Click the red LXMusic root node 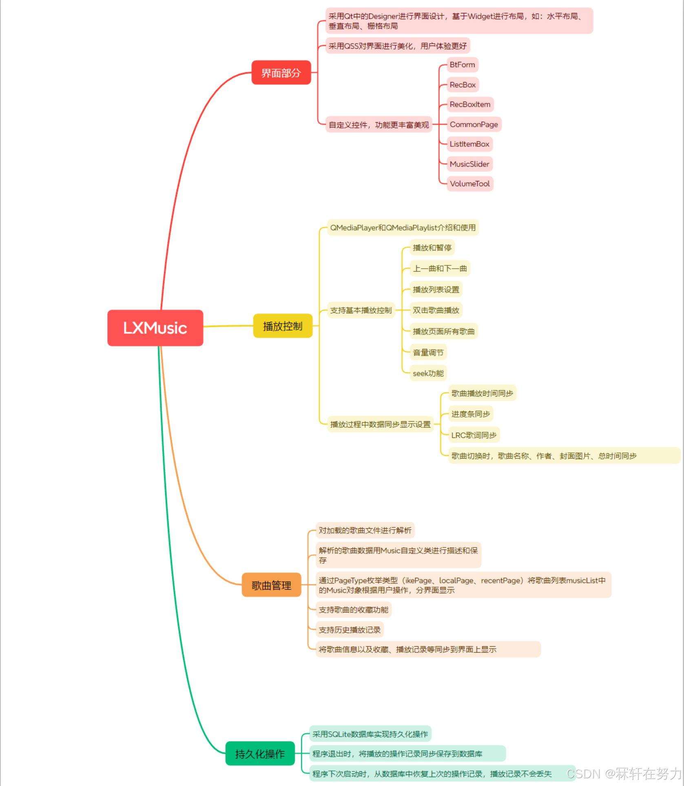coord(155,328)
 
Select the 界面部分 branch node coord(281,73)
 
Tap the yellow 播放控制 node coord(283,326)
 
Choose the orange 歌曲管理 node coord(271,585)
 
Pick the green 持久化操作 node coord(260,753)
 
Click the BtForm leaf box coord(462,65)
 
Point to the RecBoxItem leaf coord(470,104)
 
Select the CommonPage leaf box coord(474,124)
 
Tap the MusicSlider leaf coord(469,164)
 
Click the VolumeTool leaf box coord(469,183)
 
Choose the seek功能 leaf coord(428,373)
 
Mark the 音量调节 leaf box coord(428,352)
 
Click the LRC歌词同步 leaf coord(474,435)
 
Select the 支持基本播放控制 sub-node coord(361,310)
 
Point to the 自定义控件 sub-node coord(379,125)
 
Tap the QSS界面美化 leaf coord(397,46)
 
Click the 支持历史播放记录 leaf coord(350,629)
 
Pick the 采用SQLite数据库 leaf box coord(370,734)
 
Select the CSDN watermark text coord(624,773)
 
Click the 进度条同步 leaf coord(470,414)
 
